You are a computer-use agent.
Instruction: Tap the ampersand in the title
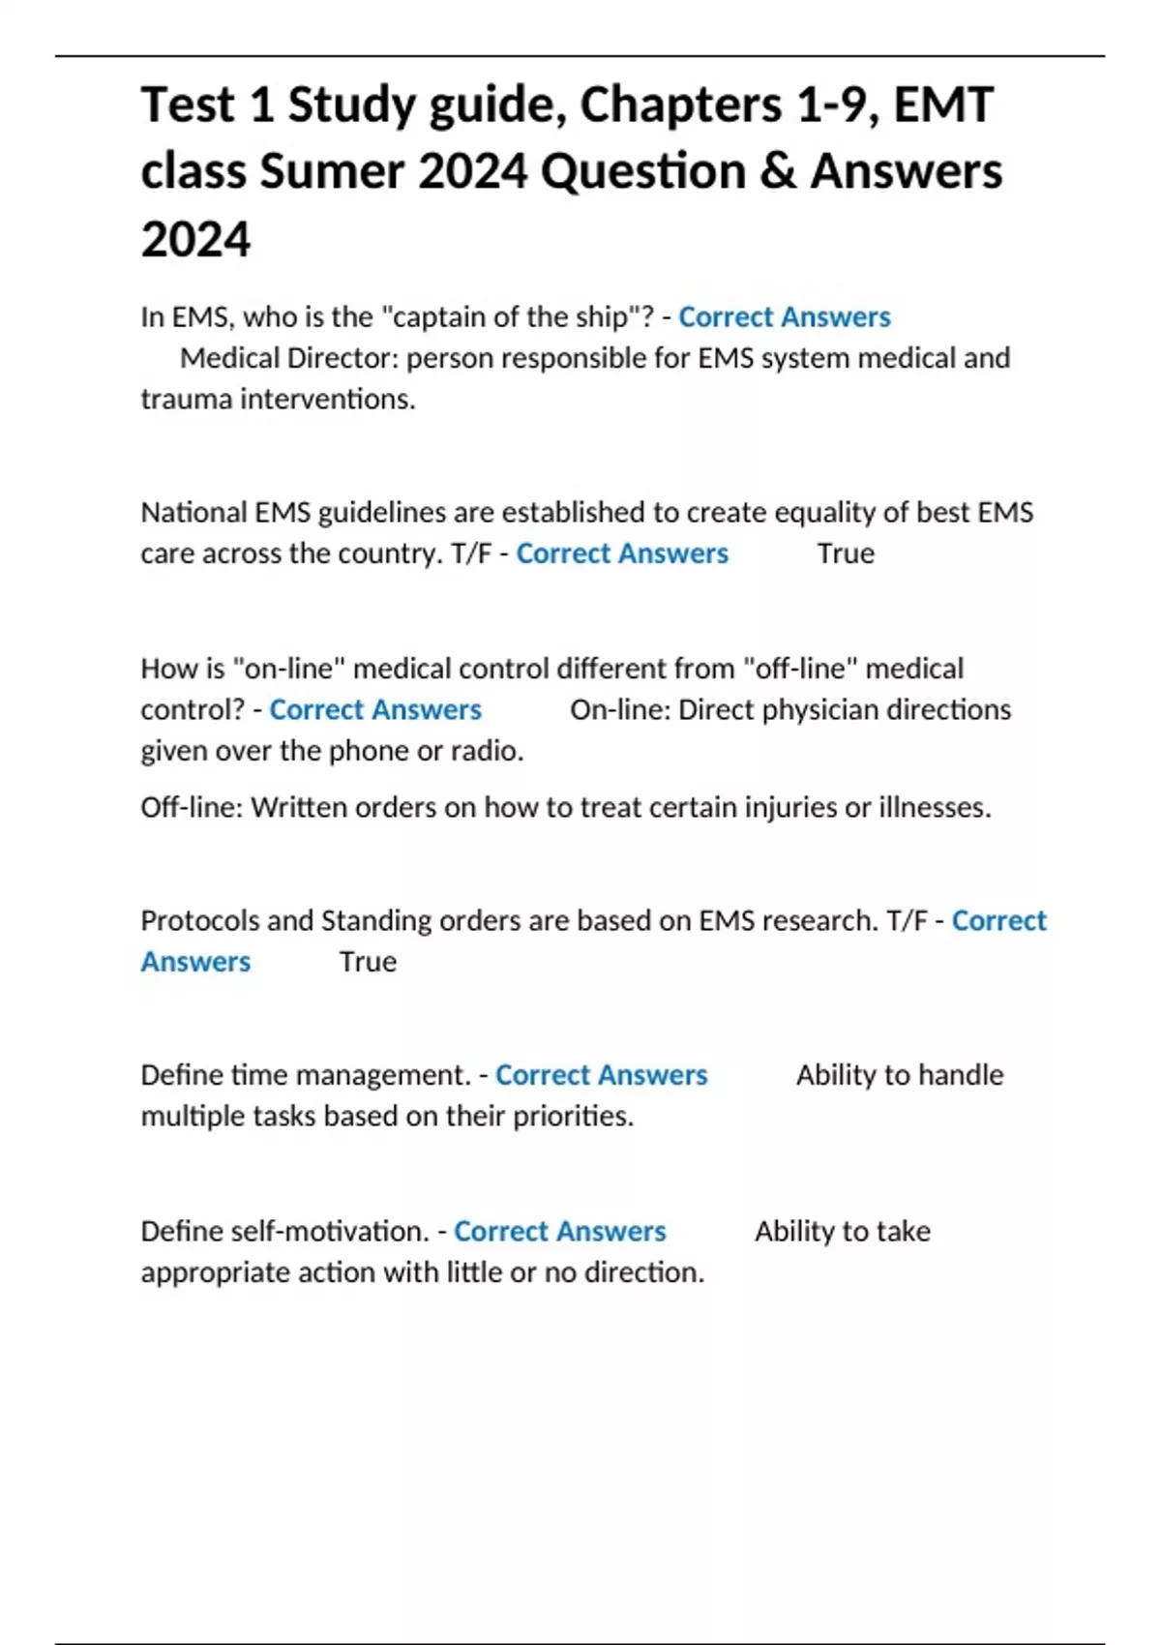click(x=777, y=171)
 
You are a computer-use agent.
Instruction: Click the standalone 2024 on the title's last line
click(x=195, y=239)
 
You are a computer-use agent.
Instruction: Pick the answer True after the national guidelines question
click(x=846, y=553)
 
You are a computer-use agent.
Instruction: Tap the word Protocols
click(x=199, y=920)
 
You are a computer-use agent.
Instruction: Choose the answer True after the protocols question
click(x=368, y=962)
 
